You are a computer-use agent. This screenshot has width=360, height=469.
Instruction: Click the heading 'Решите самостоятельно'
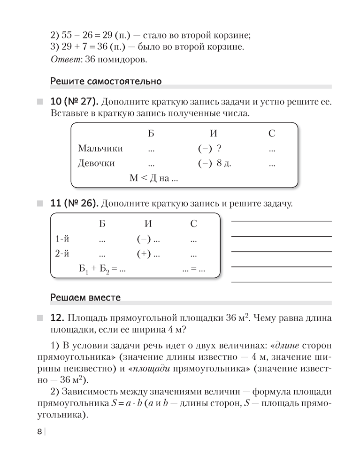click(106, 82)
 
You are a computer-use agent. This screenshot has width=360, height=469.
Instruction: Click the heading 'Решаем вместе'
click(85, 297)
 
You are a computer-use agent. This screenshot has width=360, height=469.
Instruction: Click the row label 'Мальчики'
click(100, 149)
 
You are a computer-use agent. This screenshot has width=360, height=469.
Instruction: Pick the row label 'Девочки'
click(96, 164)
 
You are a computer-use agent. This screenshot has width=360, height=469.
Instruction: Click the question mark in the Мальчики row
click(219, 149)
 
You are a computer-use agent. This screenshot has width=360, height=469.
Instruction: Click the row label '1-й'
click(62, 239)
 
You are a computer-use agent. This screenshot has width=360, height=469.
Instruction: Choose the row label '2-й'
click(62, 254)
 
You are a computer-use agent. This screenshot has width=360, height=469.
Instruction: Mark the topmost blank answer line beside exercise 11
click(281, 221)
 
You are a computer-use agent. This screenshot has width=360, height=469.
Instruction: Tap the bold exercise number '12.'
click(56, 318)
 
